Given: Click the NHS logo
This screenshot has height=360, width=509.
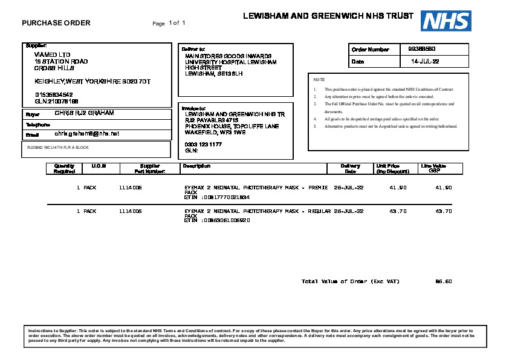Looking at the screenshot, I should pyautogui.click(x=446, y=21).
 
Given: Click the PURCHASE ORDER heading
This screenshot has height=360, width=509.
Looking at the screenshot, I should pyautogui.click(x=56, y=23).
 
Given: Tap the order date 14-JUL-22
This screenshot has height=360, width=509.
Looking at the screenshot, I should pyautogui.click(x=425, y=62).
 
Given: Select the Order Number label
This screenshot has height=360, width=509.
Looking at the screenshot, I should pyautogui.click(x=371, y=50).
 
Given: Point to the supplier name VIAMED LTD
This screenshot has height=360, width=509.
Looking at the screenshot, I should pyautogui.click(x=52, y=54).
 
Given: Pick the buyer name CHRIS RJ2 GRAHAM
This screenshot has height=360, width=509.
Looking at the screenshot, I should pyautogui.click(x=84, y=113).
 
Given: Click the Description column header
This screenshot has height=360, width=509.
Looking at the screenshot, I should pyautogui.click(x=196, y=166).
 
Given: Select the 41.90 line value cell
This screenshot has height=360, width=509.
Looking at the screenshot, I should pyautogui.click(x=444, y=188).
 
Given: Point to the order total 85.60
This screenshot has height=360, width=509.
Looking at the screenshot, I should pyautogui.click(x=444, y=281).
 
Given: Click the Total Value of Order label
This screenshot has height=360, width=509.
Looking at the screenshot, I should pyautogui.click(x=350, y=281).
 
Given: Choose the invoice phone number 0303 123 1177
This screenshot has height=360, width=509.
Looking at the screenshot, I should pyautogui.click(x=203, y=145).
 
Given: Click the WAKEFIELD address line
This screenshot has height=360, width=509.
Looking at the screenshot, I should pyautogui.click(x=215, y=132).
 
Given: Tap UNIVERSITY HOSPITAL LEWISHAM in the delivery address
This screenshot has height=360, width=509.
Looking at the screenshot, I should pyautogui.click(x=230, y=62).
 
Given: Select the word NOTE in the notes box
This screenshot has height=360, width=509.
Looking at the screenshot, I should pyautogui.click(x=319, y=79).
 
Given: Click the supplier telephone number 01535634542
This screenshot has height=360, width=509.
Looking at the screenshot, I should pyautogui.click(x=54, y=95).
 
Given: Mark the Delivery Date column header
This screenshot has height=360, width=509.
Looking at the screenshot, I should pyautogui.click(x=351, y=168).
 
